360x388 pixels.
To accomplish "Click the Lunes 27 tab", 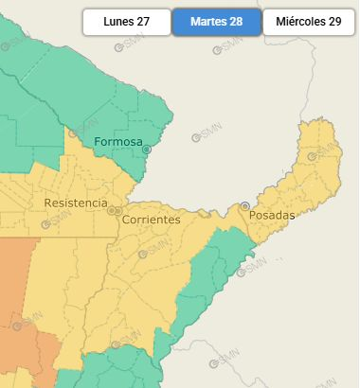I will tap(126, 21).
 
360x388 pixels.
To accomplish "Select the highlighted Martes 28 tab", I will tap(216, 21).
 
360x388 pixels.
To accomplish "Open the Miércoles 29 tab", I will tap(309, 21).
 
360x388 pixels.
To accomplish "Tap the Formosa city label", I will tap(117, 143).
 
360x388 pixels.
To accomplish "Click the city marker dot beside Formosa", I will tap(146, 150).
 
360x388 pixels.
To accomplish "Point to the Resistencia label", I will tap(76, 203).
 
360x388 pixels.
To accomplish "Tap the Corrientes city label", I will tap(151, 220).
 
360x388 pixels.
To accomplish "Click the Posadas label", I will tap(272, 216).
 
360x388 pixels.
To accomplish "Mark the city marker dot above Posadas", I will tap(245, 205).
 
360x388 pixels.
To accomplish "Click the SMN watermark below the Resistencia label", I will tap(56, 224).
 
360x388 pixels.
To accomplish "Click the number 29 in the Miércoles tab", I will tap(334, 21).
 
